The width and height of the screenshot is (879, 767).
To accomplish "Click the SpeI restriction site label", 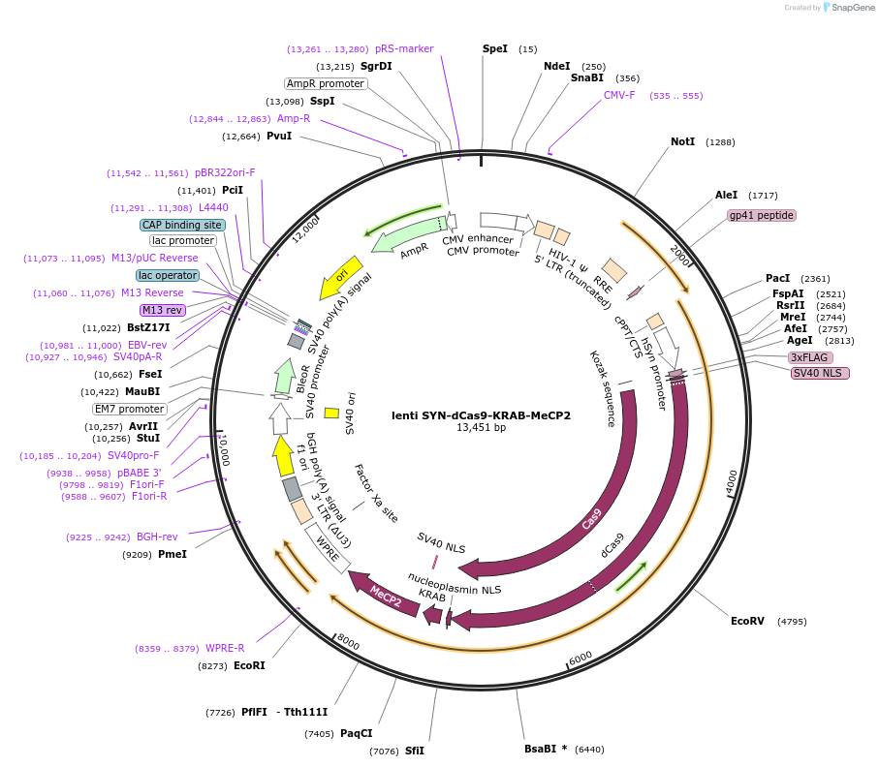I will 494,48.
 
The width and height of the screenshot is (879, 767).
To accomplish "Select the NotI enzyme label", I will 682,141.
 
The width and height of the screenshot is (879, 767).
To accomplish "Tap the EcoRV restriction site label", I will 747,621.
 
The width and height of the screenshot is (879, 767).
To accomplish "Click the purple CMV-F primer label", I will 619,95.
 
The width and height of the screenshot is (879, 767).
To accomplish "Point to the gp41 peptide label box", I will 762,215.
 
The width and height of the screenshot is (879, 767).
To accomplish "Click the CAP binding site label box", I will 182,225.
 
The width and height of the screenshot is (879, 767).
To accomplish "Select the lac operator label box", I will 168,275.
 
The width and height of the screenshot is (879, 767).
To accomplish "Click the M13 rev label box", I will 162,310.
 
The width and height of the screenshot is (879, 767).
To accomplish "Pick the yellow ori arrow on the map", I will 342,276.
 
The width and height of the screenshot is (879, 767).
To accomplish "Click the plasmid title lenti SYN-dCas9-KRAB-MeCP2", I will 481,415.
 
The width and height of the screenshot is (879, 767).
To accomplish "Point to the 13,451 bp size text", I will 481,428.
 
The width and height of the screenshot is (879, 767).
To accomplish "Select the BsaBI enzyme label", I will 545,749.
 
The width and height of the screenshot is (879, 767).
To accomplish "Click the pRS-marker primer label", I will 404,48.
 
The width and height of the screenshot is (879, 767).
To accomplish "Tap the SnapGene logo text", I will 851,8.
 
